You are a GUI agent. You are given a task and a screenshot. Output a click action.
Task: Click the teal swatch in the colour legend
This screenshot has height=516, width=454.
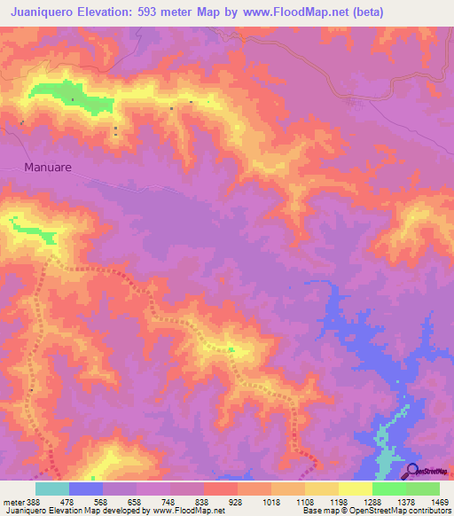click(52, 488)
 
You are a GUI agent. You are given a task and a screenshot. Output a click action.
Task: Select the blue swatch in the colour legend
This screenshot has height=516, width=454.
click(86, 488)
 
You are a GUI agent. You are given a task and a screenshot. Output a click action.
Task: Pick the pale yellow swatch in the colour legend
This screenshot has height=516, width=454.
click(356, 488)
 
